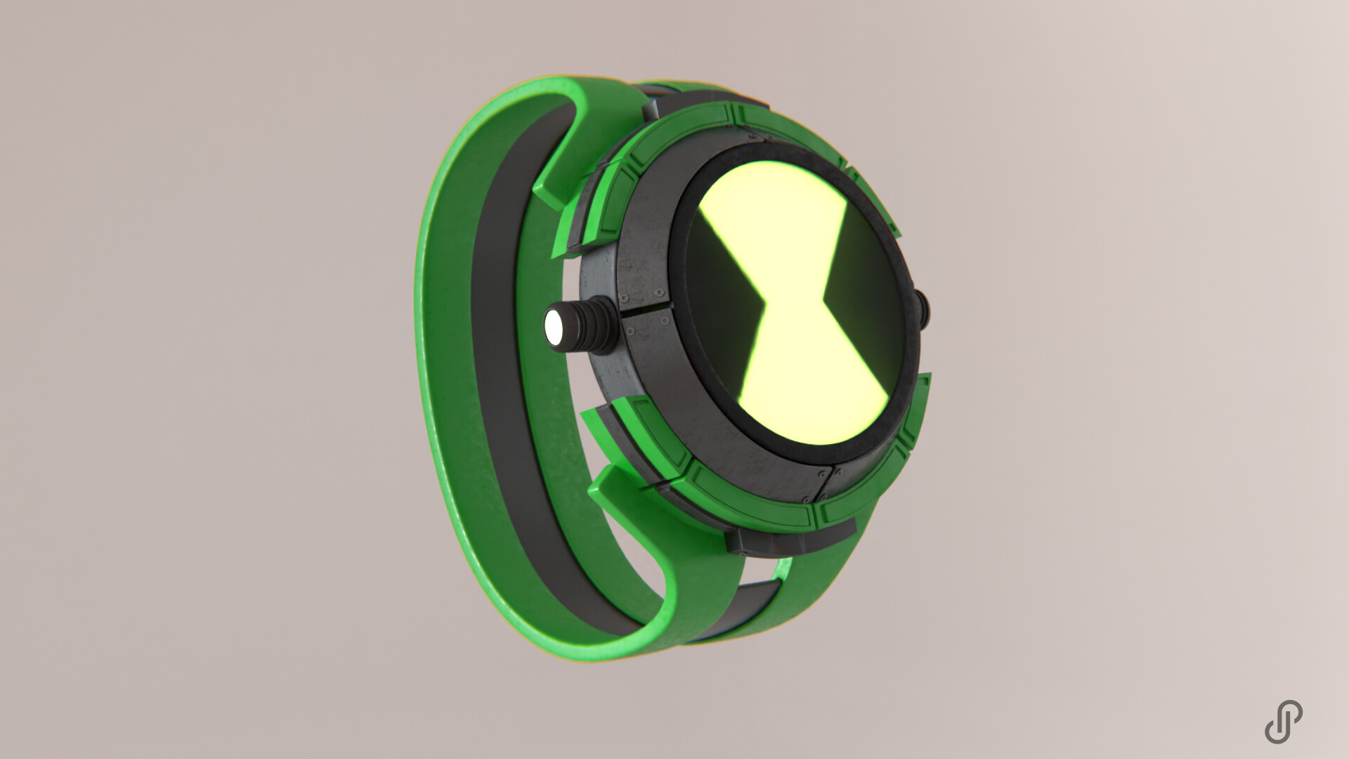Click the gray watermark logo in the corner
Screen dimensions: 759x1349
1283,722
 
